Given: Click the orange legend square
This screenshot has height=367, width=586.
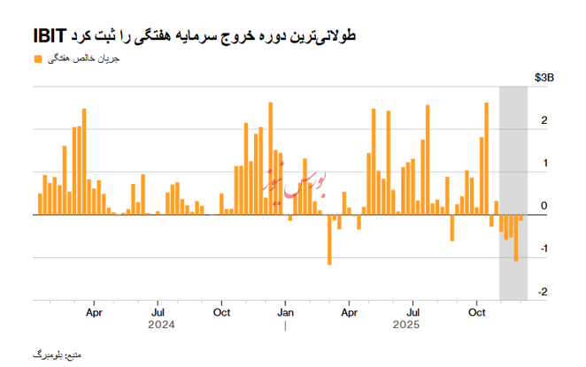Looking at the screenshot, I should tap(36, 59).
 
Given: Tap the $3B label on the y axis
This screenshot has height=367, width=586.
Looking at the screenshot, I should tap(545, 79).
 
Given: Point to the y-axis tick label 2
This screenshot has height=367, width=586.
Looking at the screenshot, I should tap(544, 121).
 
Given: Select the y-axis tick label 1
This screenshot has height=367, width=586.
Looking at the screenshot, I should tap(544, 164).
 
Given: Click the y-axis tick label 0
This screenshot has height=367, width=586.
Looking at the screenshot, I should tap(544, 207).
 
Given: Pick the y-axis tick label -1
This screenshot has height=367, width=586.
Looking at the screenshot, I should tap(542, 249).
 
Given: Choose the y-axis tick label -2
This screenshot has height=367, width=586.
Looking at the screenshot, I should tap(542, 292).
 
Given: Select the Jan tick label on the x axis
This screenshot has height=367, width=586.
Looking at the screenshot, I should tap(285, 312).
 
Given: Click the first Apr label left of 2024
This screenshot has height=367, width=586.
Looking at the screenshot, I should tap(95, 312).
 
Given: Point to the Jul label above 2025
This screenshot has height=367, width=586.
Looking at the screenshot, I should tap(413, 312).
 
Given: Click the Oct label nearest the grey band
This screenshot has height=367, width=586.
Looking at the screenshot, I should tap(477, 312).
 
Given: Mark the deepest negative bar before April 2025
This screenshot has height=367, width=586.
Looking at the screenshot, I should tap(328, 240).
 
